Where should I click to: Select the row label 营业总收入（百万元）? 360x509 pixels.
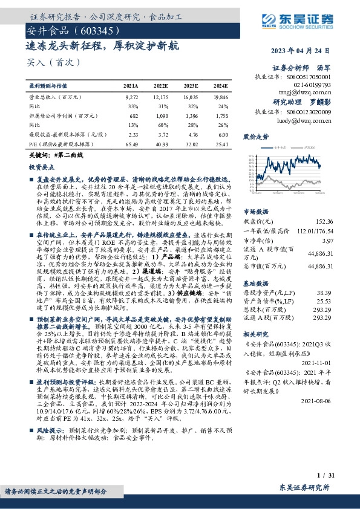(x=55, y=97)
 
